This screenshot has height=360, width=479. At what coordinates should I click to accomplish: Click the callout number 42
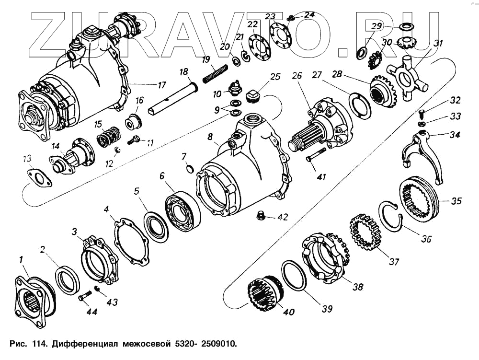(x=283, y=217)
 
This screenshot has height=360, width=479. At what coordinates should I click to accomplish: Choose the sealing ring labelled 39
(x=293, y=276)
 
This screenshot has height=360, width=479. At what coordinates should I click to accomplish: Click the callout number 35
(x=456, y=201)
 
